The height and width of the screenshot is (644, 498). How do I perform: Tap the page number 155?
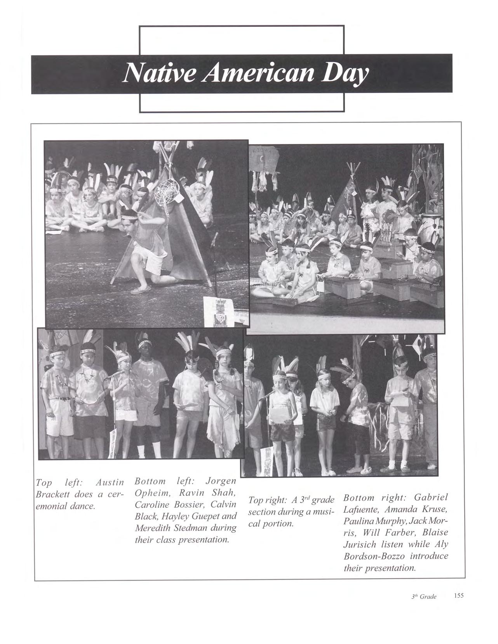(458, 595)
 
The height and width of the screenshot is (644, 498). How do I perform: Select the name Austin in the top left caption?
(110, 483)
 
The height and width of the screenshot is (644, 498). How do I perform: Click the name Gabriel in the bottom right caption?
(431, 498)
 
